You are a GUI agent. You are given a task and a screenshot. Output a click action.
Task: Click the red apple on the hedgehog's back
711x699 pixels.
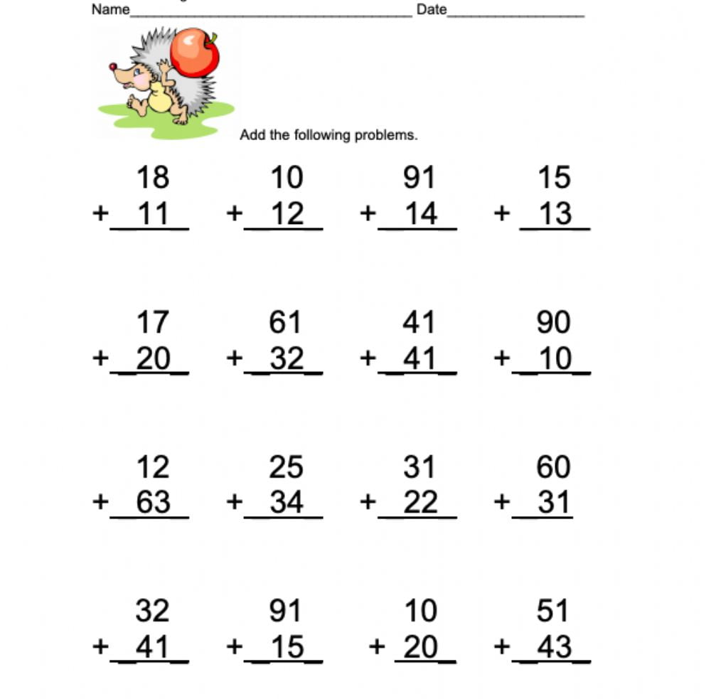click(193, 51)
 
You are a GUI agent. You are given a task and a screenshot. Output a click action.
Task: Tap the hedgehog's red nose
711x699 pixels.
click(112, 67)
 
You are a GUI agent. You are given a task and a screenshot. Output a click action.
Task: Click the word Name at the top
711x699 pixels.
click(110, 9)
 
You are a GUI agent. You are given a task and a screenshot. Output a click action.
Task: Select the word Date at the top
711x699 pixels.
click(432, 9)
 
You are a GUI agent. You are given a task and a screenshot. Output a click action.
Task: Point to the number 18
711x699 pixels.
click(152, 177)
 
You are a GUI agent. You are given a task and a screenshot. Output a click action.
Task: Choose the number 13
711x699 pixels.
click(555, 213)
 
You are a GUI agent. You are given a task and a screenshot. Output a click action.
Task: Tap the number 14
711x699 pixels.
click(420, 213)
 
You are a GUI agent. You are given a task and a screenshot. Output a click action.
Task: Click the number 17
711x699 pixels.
click(152, 323)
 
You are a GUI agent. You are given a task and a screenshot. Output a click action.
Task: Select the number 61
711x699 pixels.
click(285, 323)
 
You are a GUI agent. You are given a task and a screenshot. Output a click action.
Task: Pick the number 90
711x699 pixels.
click(553, 323)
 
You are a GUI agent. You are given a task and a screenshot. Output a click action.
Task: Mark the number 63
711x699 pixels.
click(153, 503)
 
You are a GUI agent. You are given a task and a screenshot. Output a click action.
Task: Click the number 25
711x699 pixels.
click(286, 467)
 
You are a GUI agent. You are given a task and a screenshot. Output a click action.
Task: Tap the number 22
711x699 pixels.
click(420, 503)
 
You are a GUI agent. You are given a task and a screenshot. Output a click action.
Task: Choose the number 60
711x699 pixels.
click(553, 467)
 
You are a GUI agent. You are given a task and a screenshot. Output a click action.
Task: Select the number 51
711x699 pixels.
click(552, 611)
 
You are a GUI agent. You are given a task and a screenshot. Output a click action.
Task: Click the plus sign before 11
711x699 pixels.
click(100, 213)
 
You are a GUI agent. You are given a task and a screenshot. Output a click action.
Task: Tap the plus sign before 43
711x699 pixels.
click(502, 647)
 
